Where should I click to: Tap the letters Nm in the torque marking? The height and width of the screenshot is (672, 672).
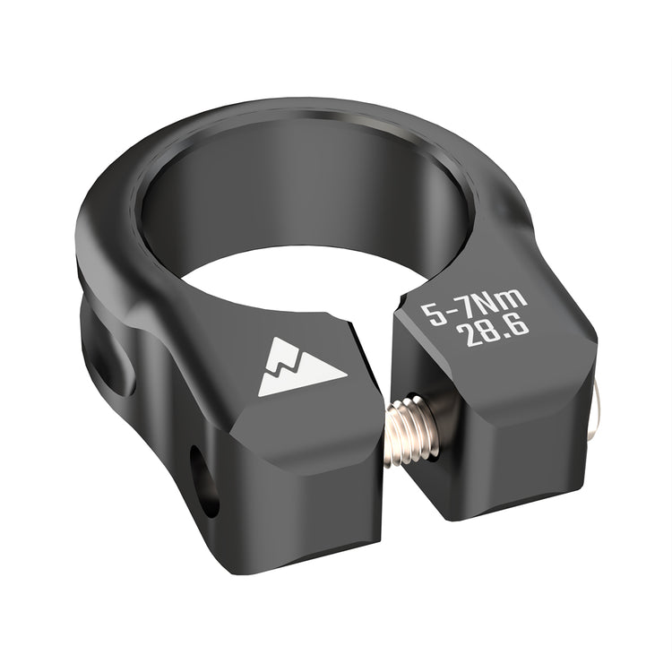click(x=501, y=306)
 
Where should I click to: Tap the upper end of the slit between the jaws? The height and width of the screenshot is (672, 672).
click(x=387, y=301)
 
